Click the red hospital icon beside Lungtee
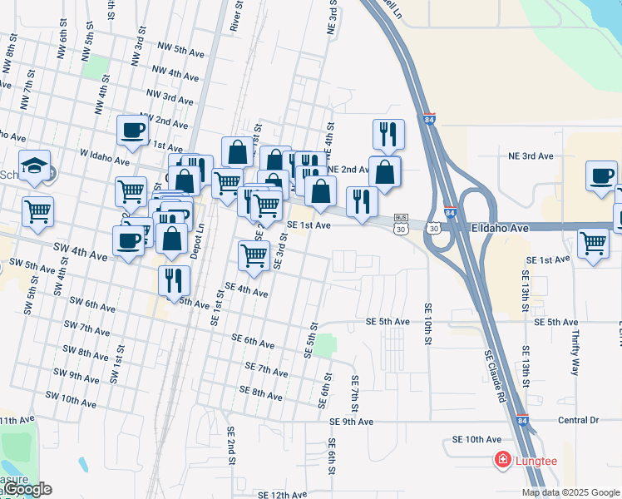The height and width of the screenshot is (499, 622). (x=502, y=460)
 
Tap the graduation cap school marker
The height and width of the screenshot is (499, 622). (x=34, y=166)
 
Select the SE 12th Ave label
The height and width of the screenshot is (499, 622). (x=284, y=495)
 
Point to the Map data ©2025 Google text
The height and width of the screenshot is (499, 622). (x=570, y=492)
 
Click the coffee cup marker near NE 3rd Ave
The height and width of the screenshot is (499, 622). (x=601, y=176)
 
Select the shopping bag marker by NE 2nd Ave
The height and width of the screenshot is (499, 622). (x=385, y=171)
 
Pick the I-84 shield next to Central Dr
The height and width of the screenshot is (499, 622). (x=521, y=421)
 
